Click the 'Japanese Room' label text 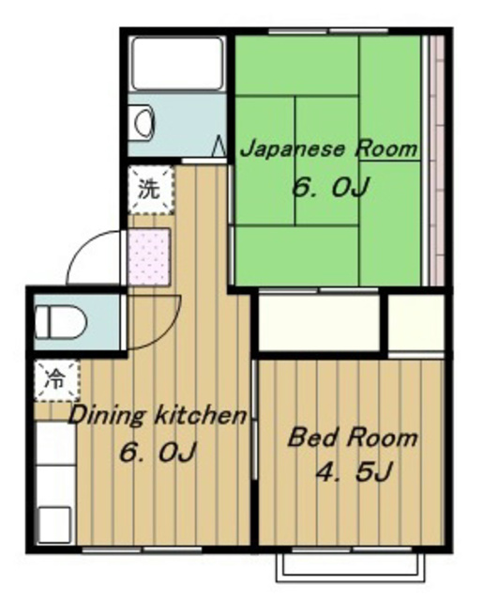pyautogui.click(x=328, y=149)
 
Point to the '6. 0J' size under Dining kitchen pyautogui.click(x=157, y=453)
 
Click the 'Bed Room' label pyautogui.click(x=352, y=438)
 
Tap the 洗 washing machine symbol pyautogui.click(x=150, y=188)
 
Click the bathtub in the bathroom pyautogui.click(x=178, y=62)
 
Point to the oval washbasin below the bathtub pyautogui.click(x=144, y=122)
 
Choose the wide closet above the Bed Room pyautogui.click(x=319, y=323)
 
